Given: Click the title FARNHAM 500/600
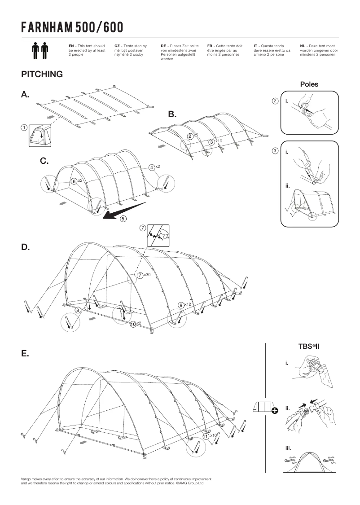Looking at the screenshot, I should (x=72, y=27).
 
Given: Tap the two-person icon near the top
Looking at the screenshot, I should (x=40, y=51).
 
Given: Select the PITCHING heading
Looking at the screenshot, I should (x=42, y=74).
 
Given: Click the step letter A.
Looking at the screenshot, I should (x=25, y=94).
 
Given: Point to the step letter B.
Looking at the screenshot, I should (x=172, y=114).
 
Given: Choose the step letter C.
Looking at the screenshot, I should (x=44, y=161).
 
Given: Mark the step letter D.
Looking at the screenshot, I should (x=26, y=247).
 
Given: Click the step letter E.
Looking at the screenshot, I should (x=25, y=353).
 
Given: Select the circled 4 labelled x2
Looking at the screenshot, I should (x=152, y=167).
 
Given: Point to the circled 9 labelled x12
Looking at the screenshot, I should (x=180, y=305).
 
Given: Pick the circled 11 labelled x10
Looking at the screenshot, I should (x=206, y=435).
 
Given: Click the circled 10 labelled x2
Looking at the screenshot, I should (x=133, y=324).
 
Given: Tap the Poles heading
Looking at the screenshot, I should (x=309, y=84).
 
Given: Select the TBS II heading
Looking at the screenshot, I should (x=308, y=346).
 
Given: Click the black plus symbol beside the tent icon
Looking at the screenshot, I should (x=274, y=410).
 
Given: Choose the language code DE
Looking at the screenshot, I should (x=164, y=46).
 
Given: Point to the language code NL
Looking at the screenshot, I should (x=303, y=46).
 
